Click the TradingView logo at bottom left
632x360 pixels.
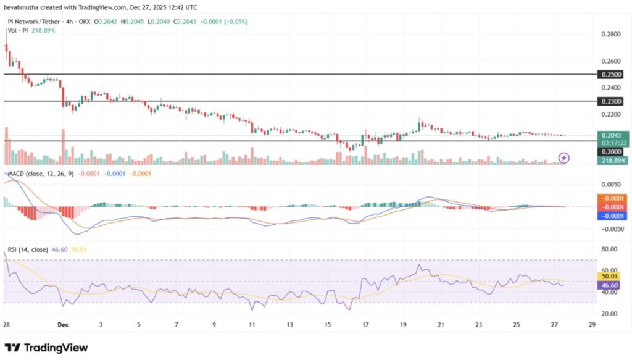[x=46, y=348]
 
